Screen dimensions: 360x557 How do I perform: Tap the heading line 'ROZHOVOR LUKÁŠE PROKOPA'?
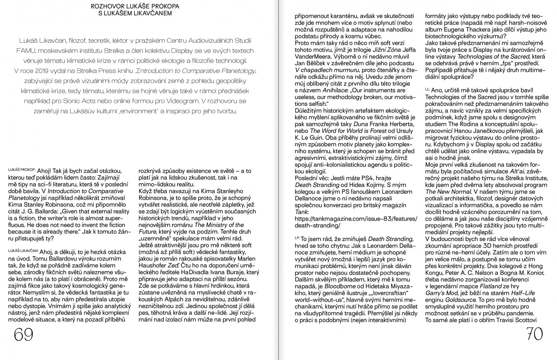pos(135,6)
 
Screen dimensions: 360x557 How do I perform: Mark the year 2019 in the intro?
pos(40,71)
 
